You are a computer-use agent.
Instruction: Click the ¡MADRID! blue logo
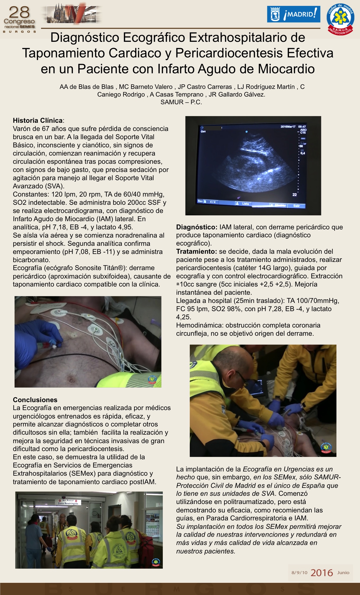294,14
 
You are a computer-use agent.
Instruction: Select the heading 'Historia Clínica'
38,120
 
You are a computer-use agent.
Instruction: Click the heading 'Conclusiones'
35,399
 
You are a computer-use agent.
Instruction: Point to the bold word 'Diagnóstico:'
197,227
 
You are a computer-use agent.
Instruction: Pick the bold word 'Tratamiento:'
197,251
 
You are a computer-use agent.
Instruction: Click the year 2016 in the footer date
322,573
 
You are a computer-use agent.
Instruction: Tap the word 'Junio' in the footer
343,572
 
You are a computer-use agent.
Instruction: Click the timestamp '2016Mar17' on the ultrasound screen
288,127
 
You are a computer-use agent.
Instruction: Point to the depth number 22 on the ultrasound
294,195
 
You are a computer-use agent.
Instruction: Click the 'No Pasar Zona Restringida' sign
68,502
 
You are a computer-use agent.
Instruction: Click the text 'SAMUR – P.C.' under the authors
181,102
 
